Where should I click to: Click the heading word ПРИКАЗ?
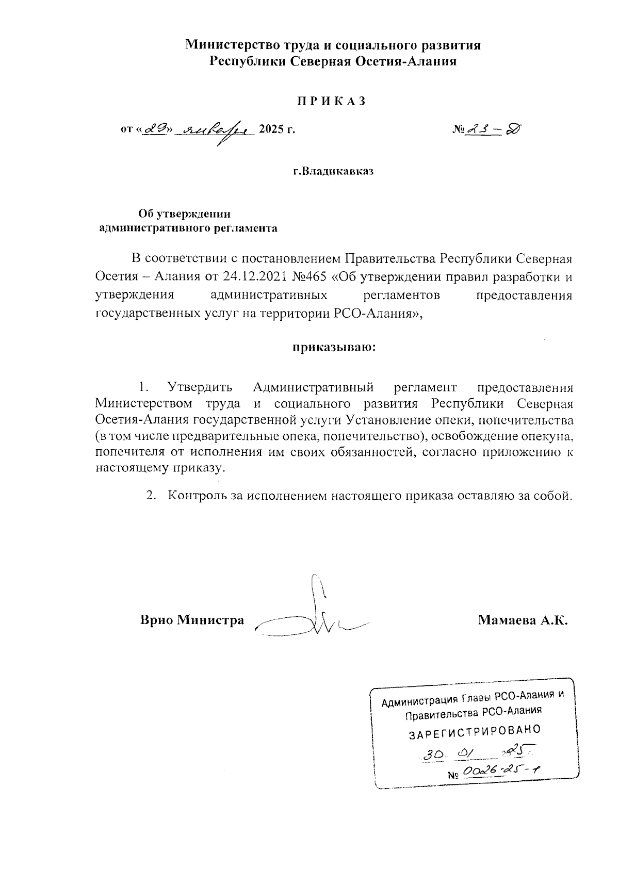click(x=331, y=101)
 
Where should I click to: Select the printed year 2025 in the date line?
click(x=272, y=129)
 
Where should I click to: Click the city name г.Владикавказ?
click(x=333, y=171)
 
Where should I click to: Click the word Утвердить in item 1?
click(x=200, y=387)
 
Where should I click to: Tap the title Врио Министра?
click(x=192, y=620)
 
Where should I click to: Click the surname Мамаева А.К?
click(x=523, y=620)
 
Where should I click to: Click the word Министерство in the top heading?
click(x=226, y=45)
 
